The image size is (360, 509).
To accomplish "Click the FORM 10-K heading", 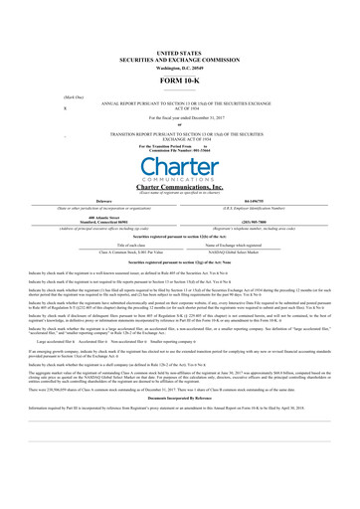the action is coord(179,79).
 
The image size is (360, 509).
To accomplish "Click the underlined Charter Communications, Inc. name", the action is coord(179,186).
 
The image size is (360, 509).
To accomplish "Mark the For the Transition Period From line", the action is coord(179,144).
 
